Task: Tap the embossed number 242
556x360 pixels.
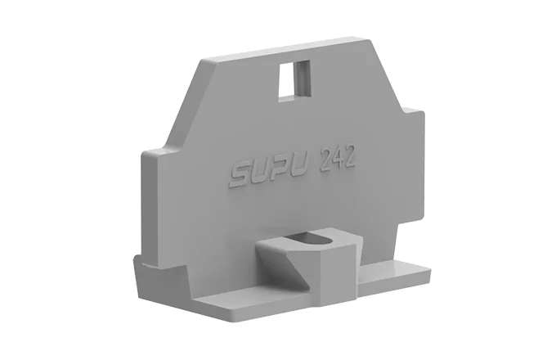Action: click(x=338, y=160)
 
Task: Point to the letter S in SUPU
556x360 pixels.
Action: click(x=242, y=175)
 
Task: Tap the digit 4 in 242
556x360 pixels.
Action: click(x=338, y=160)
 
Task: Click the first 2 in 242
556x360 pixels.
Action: click(x=326, y=161)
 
